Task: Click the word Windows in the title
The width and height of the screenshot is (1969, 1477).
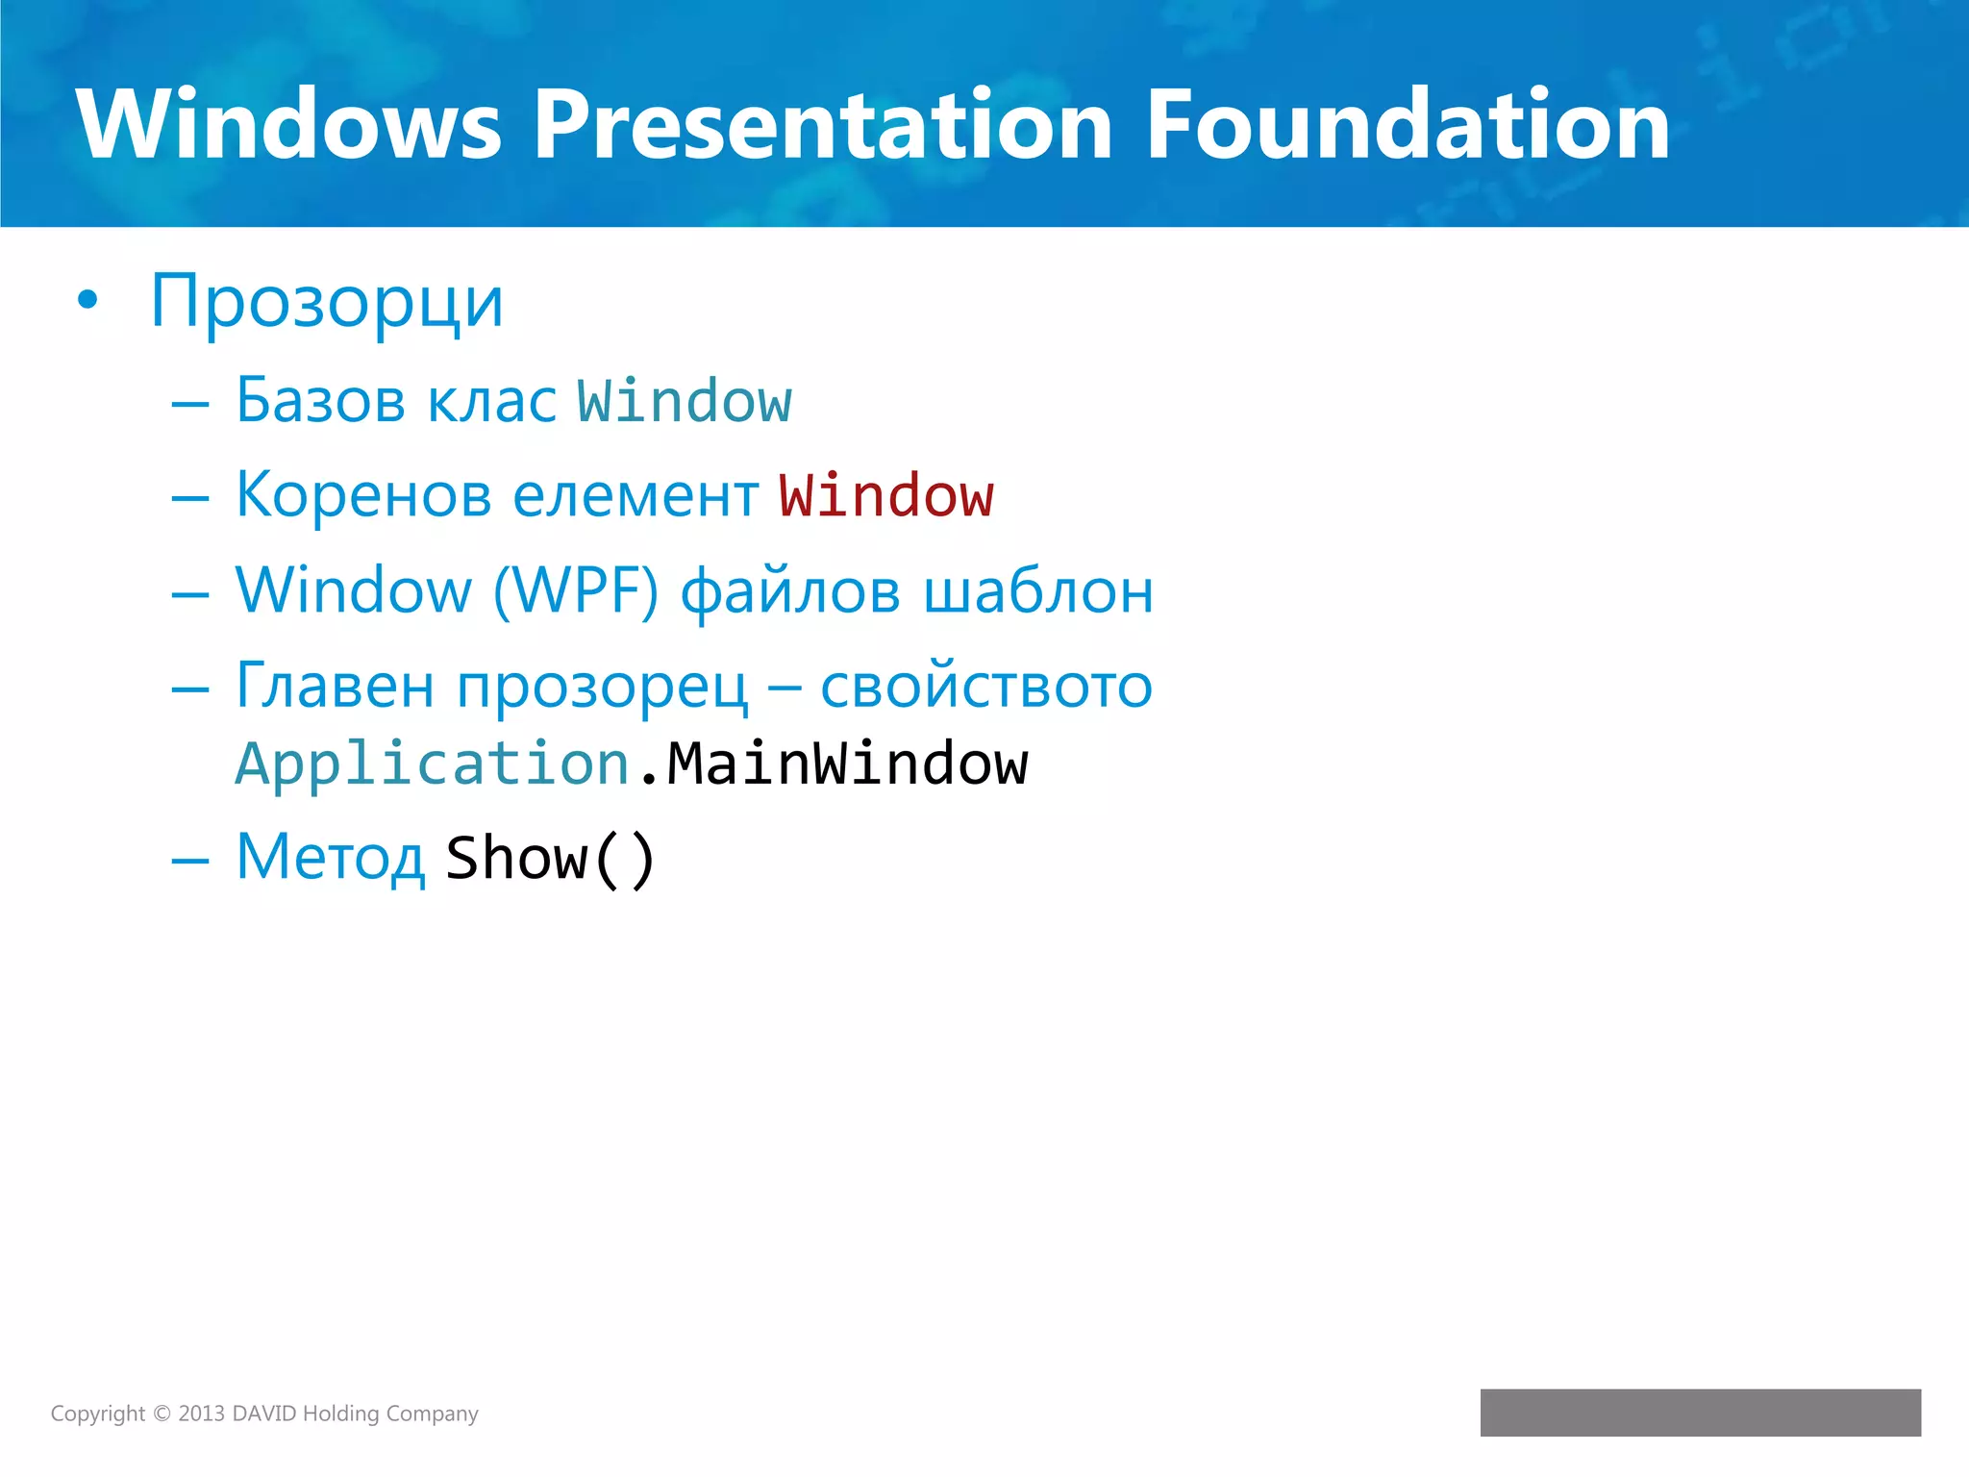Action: [x=288, y=125]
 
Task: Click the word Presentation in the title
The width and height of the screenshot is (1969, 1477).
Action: [x=822, y=125]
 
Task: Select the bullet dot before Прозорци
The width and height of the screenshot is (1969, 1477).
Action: [x=87, y=301]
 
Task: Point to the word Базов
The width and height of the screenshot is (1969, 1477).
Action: [x=320, y=400]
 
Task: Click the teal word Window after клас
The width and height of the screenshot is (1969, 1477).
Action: [x=684, y=402]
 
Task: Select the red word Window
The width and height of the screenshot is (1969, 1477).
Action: [x=885, y=497]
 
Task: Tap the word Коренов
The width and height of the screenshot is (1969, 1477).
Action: [x=362, y=496]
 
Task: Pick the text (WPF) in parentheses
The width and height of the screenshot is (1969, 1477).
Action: [x=576, y=590]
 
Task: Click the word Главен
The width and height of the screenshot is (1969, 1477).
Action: [x=335, y=687]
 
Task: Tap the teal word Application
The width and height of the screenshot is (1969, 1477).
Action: [x=433, y=765]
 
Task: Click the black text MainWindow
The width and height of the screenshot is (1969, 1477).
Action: [x=847, y=765]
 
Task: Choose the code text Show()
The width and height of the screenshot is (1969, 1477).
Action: [x=550, y=859]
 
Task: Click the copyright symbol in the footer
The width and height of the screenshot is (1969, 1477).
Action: [x=162, y=1414]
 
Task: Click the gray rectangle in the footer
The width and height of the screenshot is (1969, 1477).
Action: [x=1700, y=1413]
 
